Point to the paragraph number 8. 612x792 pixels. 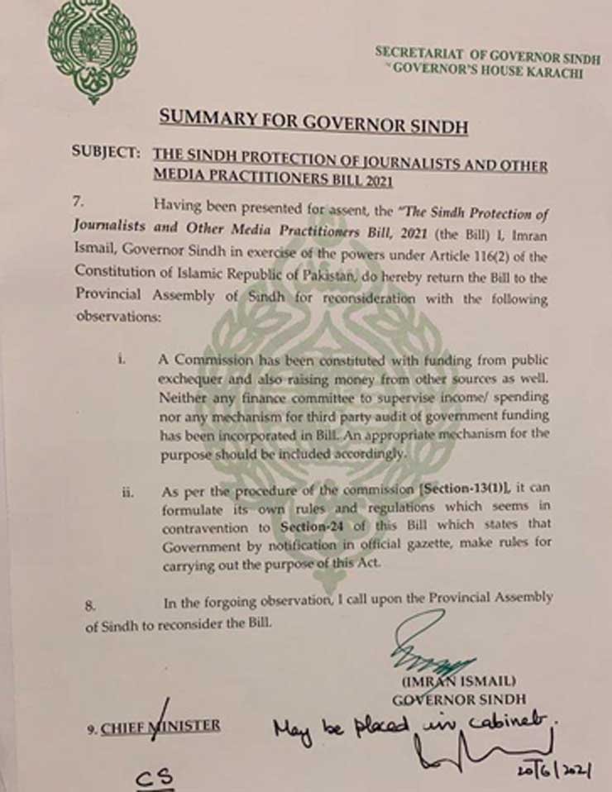[x=90, y=604]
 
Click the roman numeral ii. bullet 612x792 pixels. [x=127, y=494]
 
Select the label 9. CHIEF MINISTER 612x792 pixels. [x=154, y=727]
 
